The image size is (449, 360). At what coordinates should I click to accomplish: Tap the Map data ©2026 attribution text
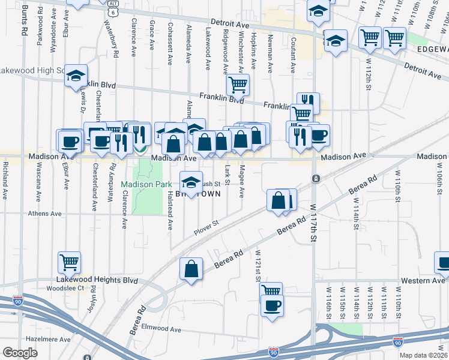[x=423, y=355]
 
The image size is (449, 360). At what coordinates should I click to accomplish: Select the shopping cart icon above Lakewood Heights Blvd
[x=69, y=262]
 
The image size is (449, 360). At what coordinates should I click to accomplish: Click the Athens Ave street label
[x=45, y=213]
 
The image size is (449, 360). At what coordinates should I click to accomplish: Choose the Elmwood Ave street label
[x=161, y=329]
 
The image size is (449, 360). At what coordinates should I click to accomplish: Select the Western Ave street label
[x=423, y=280]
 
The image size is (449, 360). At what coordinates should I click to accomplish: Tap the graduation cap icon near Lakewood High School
[x=76, y=76]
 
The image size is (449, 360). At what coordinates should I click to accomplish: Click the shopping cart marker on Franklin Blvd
[x=238, y=85]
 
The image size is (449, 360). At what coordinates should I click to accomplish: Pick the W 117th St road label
[x=313, y=222]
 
